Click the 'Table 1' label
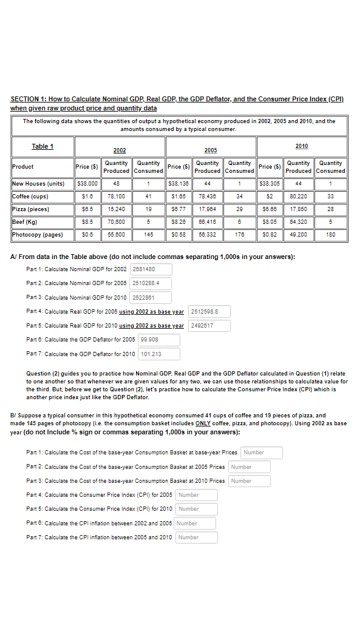click(x=42, y=146)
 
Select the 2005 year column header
click(x=210, y=150)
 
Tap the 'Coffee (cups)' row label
click(x=30, y=197)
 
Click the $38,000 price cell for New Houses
click(x=87, y=184)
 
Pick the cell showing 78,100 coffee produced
click(x=116, y=197)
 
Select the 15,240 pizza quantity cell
click(x=116, y=209)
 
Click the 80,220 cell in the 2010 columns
click(x=298, y=197)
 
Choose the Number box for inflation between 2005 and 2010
click(x=196, y=537)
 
